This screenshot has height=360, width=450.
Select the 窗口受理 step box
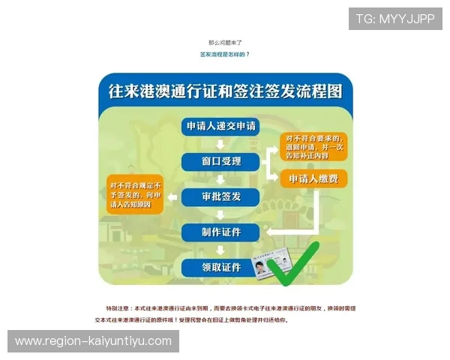220,161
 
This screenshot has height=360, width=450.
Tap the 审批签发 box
220,196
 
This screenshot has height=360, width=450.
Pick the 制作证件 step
220,232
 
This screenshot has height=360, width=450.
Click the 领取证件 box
220,267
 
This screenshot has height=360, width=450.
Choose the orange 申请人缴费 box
313,179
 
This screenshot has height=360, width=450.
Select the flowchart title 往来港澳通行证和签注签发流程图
225,91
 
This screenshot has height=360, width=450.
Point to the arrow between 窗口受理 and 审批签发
220,179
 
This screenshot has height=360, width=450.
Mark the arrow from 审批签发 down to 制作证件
220,214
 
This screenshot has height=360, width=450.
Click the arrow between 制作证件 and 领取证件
220,250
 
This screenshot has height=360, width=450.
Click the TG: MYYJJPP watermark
395,19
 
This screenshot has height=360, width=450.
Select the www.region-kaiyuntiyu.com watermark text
93,341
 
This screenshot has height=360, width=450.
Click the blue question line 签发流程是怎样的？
224,54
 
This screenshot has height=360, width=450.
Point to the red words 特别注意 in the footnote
117,308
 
